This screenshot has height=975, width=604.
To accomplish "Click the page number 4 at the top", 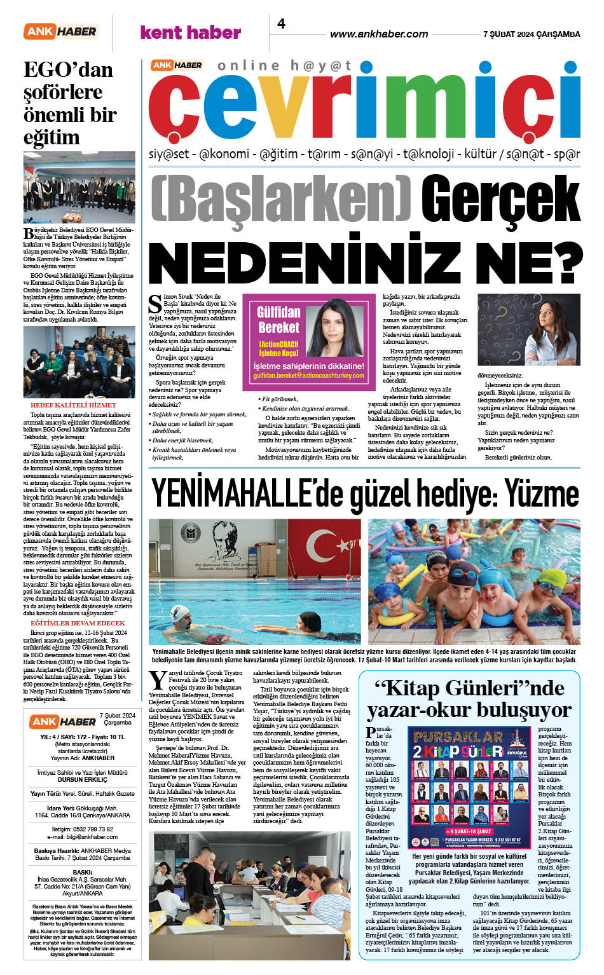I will [281, 24].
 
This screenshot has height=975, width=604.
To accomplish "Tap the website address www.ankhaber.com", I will [379, 34].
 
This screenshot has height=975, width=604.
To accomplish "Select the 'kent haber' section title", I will [190, 32].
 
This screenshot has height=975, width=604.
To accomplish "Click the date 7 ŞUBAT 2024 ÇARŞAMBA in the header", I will [532, 34].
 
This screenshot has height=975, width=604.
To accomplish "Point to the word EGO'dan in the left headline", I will [68, 69].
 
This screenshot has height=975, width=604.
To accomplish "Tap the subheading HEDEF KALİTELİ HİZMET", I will [73, 405].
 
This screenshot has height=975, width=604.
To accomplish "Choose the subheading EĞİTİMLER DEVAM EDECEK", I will [78, 623].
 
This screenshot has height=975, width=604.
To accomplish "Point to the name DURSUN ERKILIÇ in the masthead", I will [82, 779].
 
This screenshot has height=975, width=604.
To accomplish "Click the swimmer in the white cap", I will [183, 615].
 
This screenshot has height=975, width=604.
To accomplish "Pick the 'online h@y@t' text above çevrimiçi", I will [284, 65].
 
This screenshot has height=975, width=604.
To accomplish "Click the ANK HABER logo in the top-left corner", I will [60, 31].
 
